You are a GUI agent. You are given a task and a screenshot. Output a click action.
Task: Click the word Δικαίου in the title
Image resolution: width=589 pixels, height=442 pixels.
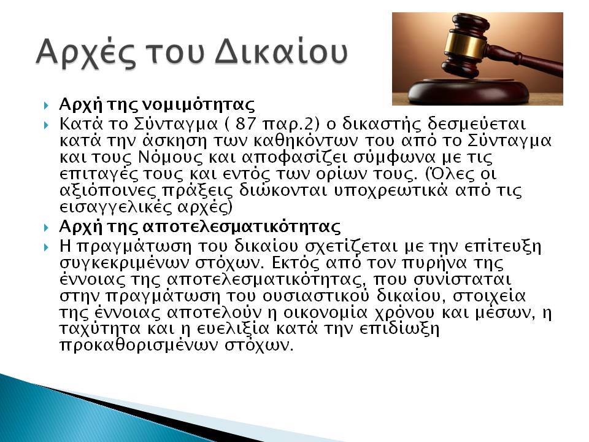pos(282,52)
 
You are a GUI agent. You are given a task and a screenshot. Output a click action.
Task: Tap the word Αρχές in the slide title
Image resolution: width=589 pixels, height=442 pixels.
pos(86,53)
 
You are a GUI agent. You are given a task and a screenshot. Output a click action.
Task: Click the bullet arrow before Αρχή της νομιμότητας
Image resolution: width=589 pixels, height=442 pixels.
pos(46,105)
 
